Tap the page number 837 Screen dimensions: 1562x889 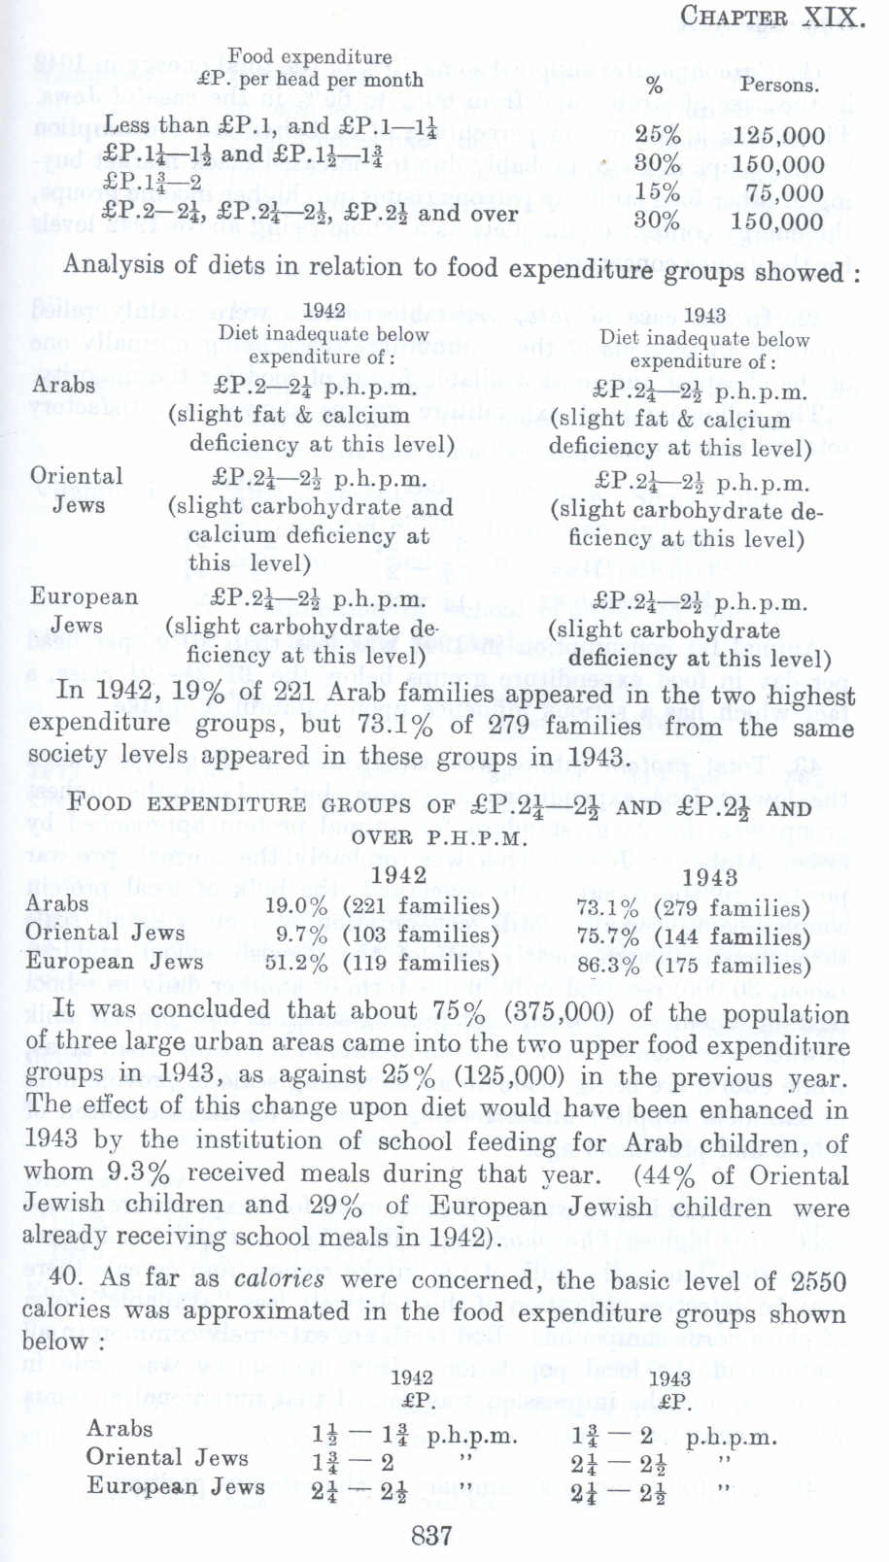(431, 1535)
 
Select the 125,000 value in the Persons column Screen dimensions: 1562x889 (778, 136)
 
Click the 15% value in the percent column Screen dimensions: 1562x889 (657, 192)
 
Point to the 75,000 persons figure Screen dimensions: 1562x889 (785, 192)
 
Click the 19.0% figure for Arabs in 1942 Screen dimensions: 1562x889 (296, 906)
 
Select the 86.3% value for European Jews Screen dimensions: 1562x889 (607, 966)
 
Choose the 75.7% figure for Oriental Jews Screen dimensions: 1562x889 (607, 937)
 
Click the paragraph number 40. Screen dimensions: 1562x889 (63, 1277)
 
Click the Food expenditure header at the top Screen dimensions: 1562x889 (310, 56)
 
